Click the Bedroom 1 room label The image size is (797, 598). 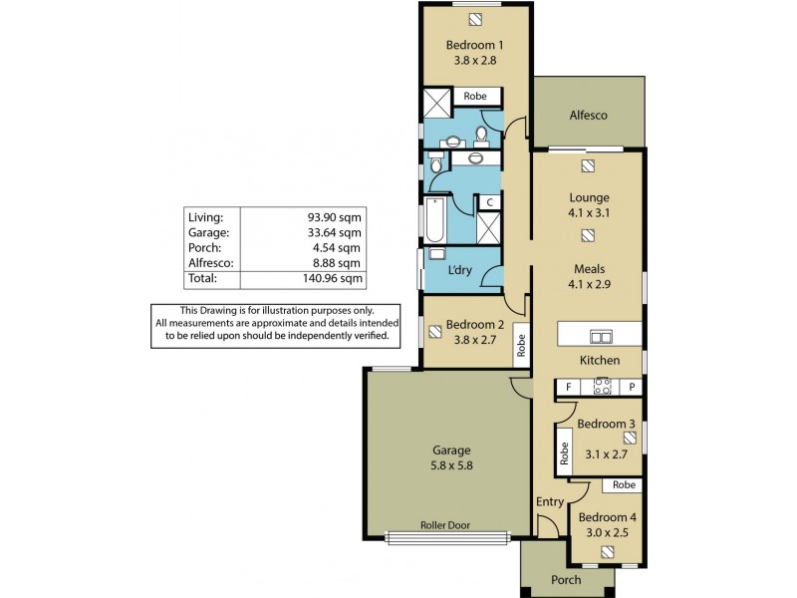[x=474, y=45]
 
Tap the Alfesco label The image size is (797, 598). [x=588, y=115]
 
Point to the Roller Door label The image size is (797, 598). [x=444, y=525]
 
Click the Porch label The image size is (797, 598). [x=566, y=579]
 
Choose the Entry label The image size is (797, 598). [x=549, y=501]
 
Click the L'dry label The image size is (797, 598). [x=460, y=269]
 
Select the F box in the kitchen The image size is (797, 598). [x=568, y=387]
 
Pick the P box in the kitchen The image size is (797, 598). [x=631, y=387]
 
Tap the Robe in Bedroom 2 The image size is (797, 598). [x=520, y=345]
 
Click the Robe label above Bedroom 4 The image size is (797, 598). [x=624, y=485]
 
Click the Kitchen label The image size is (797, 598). [x=600, y=360]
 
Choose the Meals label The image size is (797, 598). [x=589, y=268]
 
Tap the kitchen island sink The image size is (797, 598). [x=601, y=335]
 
